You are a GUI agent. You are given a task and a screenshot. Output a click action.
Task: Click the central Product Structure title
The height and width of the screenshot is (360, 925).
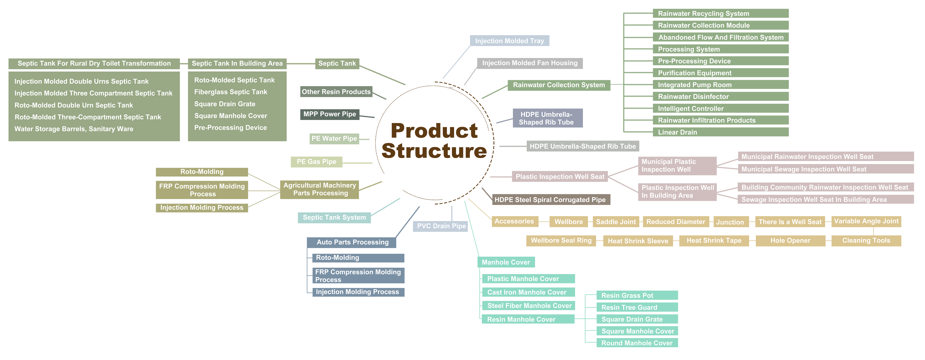(x=434, y=141)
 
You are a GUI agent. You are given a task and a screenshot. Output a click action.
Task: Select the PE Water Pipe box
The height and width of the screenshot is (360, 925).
(x=334, y=139)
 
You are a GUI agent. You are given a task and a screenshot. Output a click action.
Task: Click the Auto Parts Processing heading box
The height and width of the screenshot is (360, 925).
(x=352, y=242)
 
